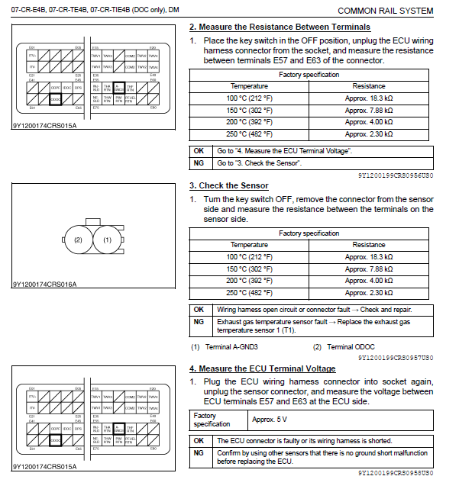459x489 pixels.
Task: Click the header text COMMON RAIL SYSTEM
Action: click(385, 11)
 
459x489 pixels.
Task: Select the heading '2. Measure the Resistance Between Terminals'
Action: click(280, 27)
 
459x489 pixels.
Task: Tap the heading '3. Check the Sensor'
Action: click(228, 185)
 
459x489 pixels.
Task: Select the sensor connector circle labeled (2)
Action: click(78, 240)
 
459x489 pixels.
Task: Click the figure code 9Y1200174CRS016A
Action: click(44, 285)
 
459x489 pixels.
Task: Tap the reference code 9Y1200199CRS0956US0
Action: click(396, 174)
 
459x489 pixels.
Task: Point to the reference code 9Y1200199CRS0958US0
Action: click(396, 473)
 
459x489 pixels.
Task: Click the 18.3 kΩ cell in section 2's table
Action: click(369, 98)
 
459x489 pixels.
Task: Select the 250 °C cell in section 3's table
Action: click(250, 293)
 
